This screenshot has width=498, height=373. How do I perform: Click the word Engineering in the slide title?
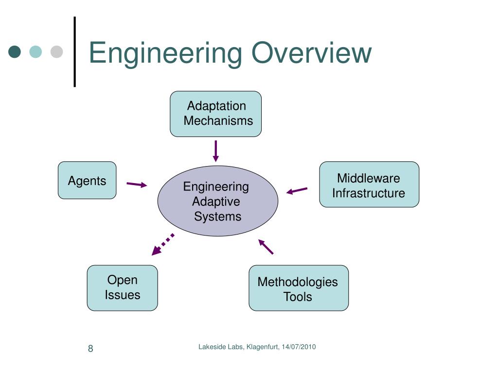point(165,54)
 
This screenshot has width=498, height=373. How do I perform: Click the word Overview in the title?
point(312,52)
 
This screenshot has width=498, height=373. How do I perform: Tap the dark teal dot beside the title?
point(15,51)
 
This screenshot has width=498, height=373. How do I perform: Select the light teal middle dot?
point(36,51)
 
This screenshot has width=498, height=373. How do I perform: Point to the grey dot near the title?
point(56,51)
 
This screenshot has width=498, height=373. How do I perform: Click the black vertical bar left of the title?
point(75,51)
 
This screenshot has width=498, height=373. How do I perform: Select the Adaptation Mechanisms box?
point(215,114)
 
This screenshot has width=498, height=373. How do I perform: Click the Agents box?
point(87,180)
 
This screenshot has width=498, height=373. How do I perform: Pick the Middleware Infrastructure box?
point(369,184)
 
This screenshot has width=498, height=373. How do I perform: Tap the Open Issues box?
point(122,288)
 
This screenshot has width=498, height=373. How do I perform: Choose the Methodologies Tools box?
point(299,288)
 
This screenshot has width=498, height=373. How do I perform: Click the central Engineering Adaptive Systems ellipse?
point(218,201)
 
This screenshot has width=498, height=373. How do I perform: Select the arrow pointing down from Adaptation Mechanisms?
point(215,151)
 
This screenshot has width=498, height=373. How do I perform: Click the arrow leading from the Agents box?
point(137,184)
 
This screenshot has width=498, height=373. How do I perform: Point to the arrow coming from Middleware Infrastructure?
point(297,190)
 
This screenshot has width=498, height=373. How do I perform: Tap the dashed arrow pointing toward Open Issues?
point(163,244)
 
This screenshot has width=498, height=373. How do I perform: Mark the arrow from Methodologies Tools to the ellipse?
point(266,247)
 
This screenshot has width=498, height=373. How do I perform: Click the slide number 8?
point(90,349)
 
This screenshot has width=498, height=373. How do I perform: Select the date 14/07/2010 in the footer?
point(299,347)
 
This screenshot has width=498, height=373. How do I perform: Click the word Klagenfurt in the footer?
point(263,347)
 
